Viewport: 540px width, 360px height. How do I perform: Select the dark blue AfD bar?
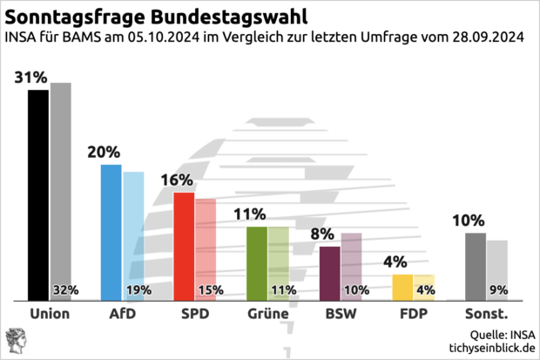pos(111,232)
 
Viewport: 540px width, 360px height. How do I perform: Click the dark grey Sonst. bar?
pos(476,267)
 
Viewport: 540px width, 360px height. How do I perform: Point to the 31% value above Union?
pos(30,78)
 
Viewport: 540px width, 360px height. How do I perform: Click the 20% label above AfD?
pos(104,152)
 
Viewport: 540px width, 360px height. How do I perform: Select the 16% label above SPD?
pos(176,180)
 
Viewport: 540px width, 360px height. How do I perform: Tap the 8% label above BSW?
pos(323,234)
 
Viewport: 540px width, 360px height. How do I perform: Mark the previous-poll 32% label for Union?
pos(66,290)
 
